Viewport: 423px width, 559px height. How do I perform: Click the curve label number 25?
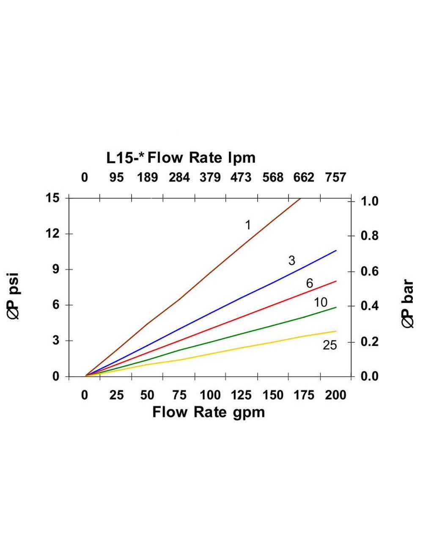click(x=330, y=345)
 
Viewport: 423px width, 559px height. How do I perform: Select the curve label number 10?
click(x=321, y=302)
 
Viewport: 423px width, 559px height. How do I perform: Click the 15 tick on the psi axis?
click(x=52, y=198)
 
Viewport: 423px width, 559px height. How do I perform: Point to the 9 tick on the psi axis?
click(x=55, y=269)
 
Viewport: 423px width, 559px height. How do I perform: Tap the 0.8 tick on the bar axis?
click(x=369, y=236)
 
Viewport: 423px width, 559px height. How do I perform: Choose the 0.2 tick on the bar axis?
click(x=369, y=341)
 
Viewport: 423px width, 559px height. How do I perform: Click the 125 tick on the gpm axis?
click(x=241, y=395)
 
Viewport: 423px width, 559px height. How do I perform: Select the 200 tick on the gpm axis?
click(x=335, y=395)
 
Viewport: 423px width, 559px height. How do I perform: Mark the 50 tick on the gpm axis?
click(x=147, y=395)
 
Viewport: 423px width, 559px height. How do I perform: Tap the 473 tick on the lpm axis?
click(x=241, y=177)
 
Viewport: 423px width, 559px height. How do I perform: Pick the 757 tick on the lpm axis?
click(x=335, y=177)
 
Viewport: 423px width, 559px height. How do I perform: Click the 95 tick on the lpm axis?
click(x=116, y=177)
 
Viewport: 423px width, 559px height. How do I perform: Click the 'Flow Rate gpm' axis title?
click(x=209, y=412)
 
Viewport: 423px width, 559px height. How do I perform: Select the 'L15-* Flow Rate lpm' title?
click(x=181, y=158)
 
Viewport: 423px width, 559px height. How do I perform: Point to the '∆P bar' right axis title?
click(x=408, y=303)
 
